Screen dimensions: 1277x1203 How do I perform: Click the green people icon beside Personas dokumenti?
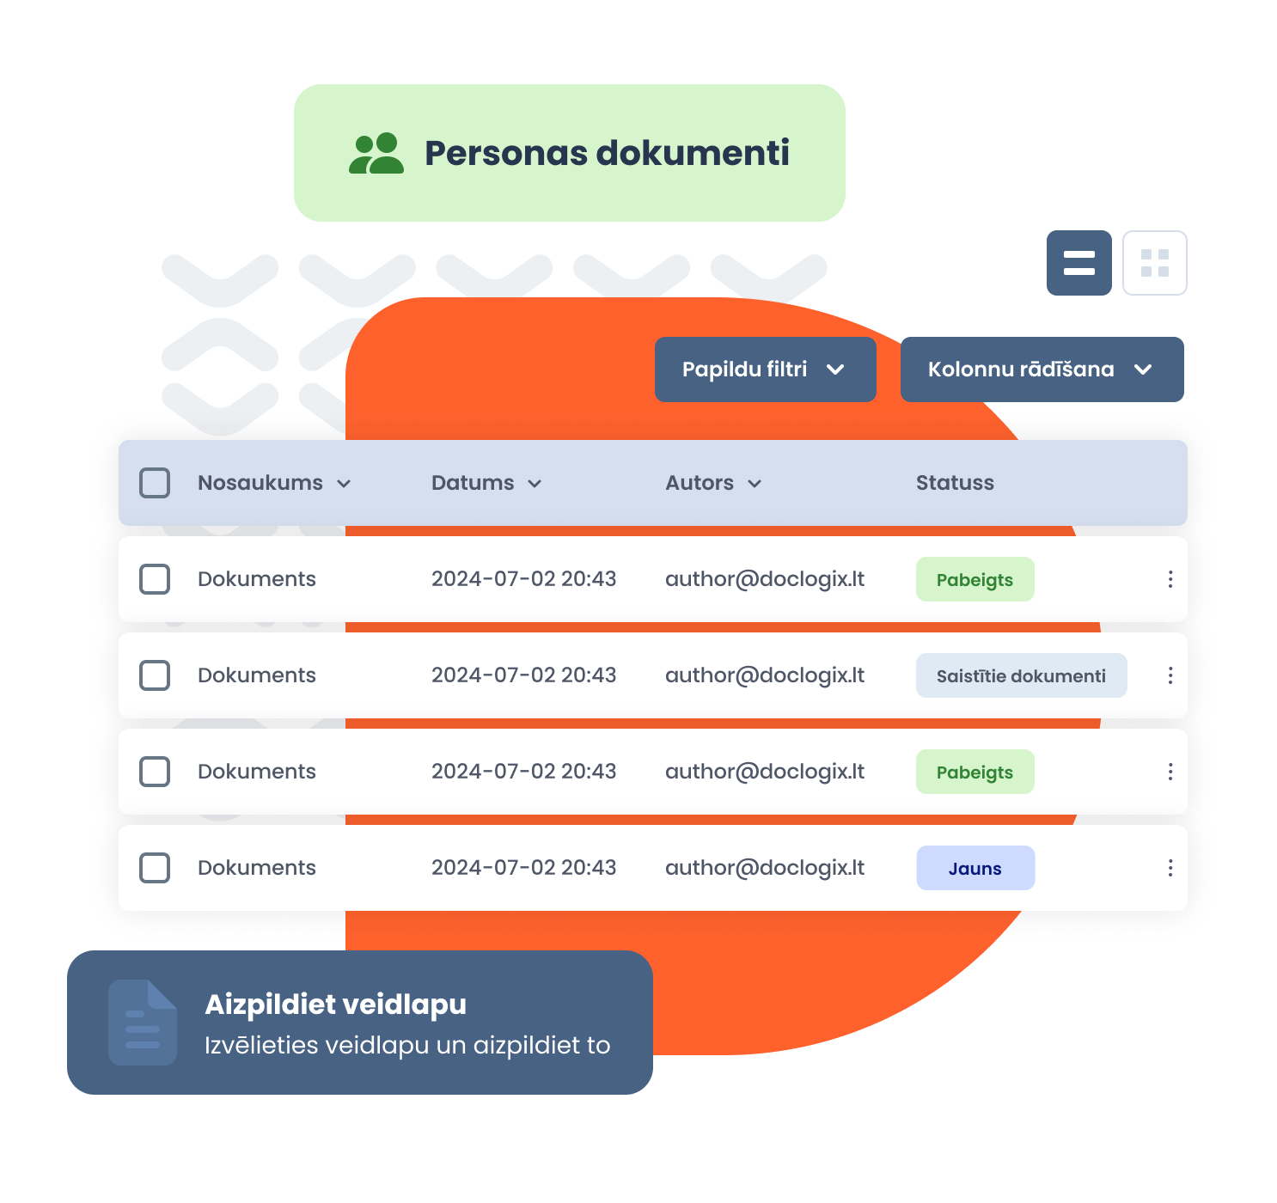(376, 153)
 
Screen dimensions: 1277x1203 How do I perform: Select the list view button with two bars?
(1078, 263)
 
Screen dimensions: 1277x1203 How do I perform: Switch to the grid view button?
(1154, 263)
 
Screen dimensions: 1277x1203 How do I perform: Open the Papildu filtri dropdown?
(765, 369)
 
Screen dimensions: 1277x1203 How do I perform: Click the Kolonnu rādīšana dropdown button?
(1042, 369)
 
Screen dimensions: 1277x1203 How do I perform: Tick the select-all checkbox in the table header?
(155, 483)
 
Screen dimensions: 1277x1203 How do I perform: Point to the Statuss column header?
(955, 483)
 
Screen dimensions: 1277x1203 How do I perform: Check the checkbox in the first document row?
(155, 579)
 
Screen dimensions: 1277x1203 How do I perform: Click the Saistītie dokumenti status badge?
(1021, 675)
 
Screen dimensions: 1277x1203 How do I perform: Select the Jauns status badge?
(975, 868)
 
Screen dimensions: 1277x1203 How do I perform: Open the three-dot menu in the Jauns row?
(1170, 868)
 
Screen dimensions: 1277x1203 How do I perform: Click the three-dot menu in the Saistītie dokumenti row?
(1170, 675)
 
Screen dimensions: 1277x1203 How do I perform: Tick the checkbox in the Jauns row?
(155, 868)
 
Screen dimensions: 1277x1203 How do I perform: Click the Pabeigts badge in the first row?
(975, 579)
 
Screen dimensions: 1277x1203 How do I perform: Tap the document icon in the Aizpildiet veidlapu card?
(143, 1023)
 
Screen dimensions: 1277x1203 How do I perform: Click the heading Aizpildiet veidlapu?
(336, 1005)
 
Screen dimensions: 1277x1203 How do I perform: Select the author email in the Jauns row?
(765, 868)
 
